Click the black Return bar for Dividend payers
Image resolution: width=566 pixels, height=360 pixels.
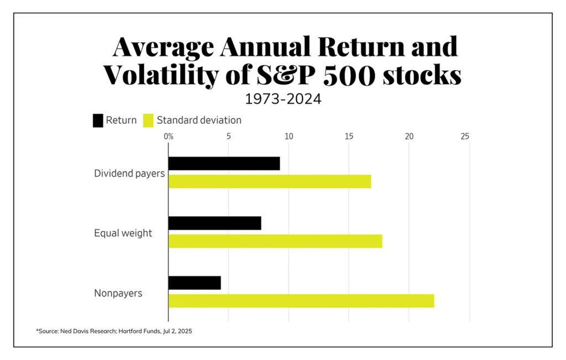224,164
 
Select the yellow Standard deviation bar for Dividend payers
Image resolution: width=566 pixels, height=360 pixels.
270,181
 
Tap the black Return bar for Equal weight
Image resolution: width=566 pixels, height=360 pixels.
214,223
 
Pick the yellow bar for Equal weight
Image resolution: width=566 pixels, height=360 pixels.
275,241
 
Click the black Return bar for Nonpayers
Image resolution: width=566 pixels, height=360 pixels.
195,283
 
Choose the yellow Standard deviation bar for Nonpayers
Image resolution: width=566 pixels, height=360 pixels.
301,301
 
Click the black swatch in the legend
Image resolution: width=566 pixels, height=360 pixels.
98,120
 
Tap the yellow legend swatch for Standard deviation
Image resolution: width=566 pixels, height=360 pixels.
148,120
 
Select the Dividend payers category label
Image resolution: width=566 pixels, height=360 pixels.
129,173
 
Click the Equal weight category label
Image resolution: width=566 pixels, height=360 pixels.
123,233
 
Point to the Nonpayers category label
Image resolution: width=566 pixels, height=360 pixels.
118,293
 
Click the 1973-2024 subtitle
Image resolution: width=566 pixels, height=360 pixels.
282,100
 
